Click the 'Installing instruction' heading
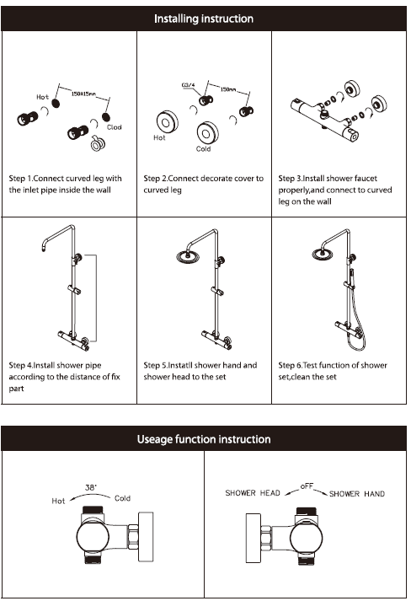[203, 19]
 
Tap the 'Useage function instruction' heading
[204, 439]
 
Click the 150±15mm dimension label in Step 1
[83, 94]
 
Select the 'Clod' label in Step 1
[115, 127]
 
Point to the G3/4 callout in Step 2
[188, 84]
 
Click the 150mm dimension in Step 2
[228, 89]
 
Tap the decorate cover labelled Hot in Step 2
[168, 122]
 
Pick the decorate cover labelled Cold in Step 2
[208, 133]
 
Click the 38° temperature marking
[91, 487]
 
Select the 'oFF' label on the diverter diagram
[307, 486]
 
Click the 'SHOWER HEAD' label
[253, 493]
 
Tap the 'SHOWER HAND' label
[357, 494]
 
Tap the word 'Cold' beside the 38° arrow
[123, 498]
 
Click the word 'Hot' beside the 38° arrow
[58, 501]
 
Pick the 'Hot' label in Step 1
[42, 97]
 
